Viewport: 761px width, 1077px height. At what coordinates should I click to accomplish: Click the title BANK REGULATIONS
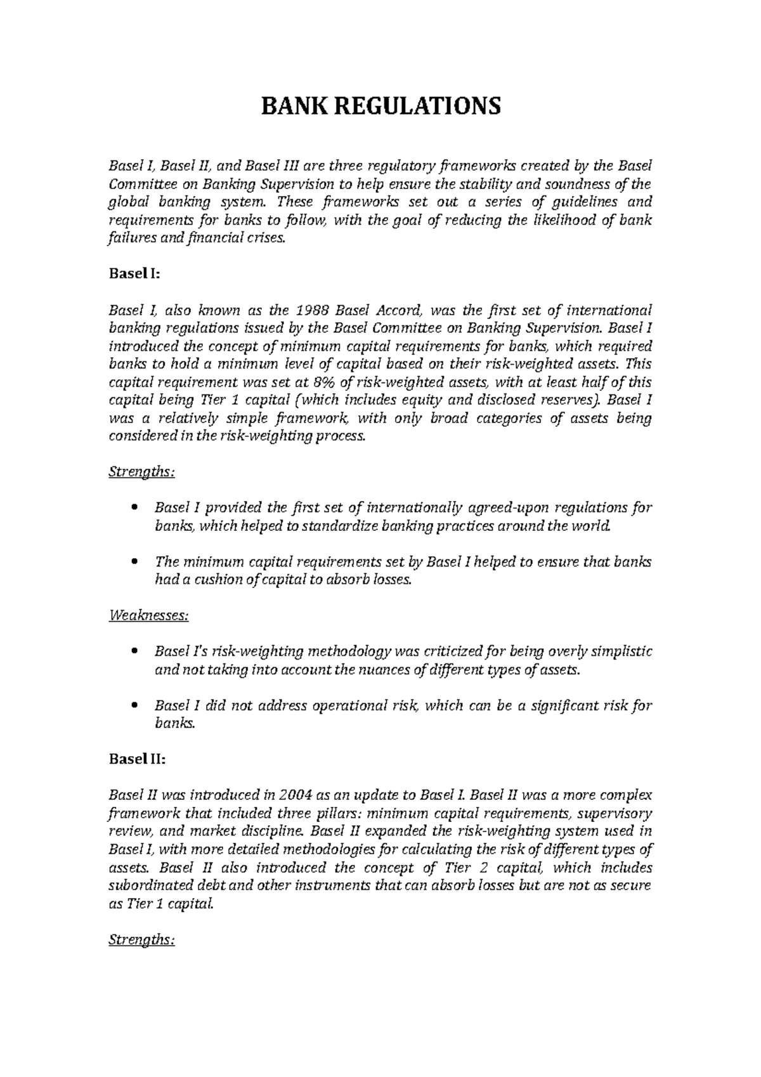(380, 106)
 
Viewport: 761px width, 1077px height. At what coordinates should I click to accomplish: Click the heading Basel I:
(134, 274)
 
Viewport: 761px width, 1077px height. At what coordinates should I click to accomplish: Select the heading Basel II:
(136, 759)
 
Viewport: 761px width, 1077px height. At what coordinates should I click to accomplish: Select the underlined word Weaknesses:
(148, 615)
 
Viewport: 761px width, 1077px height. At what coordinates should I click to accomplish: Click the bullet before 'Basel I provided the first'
(133, 508)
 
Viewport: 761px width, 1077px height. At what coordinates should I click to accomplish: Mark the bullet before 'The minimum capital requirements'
(133, 563)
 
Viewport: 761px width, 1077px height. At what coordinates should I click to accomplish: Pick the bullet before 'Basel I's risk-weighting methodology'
(133, 652)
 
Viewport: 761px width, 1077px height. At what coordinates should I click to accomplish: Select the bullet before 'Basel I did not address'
(133, 706)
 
